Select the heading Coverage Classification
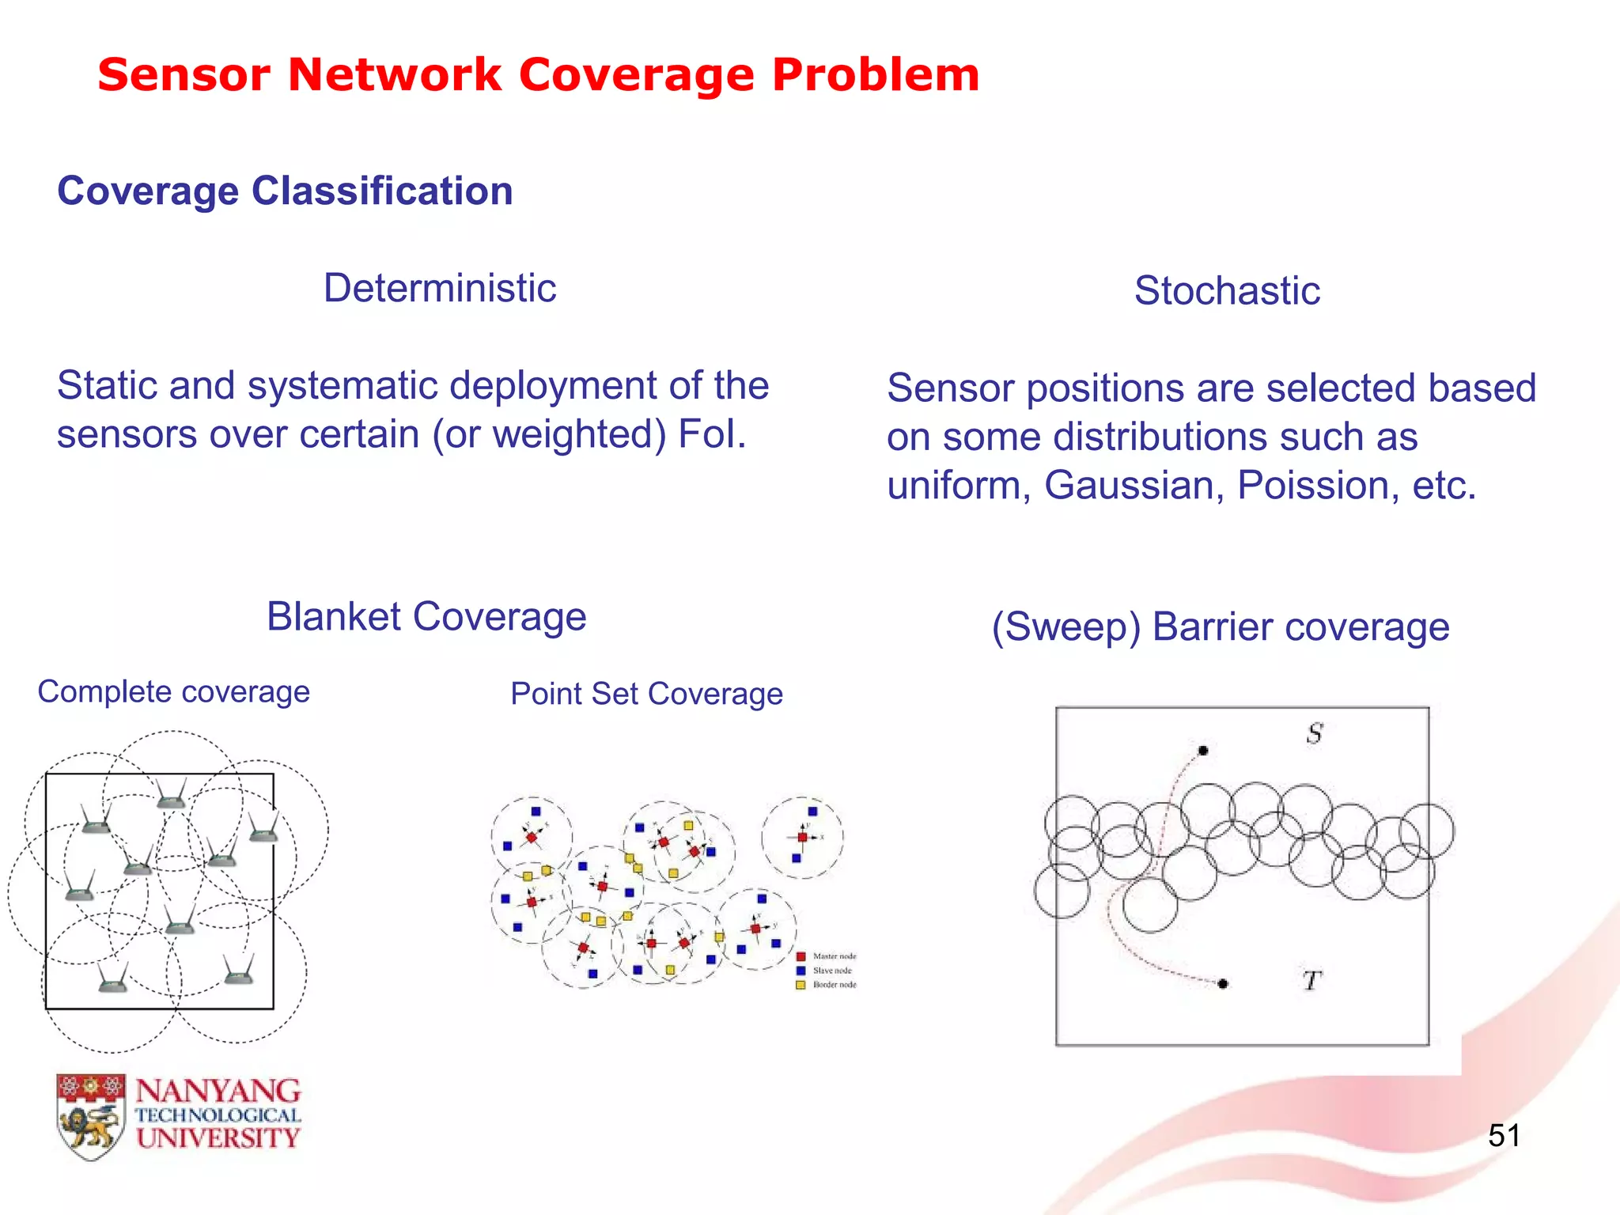coord(285,191)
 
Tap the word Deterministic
coord(440,288)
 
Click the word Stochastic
coord(1227,290)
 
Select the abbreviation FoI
coord(711,434)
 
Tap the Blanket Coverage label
coord(426,616)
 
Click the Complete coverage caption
coord(173,692)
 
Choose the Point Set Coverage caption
coord(646,694)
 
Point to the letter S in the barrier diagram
coord(1314,733)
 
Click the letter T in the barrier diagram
coord(1312,981)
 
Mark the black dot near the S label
coord(1203,750)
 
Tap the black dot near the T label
coord(1223,983)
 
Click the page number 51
coord(1504,1136)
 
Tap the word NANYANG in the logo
coord(218,1092)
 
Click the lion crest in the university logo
coord(91,1118)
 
